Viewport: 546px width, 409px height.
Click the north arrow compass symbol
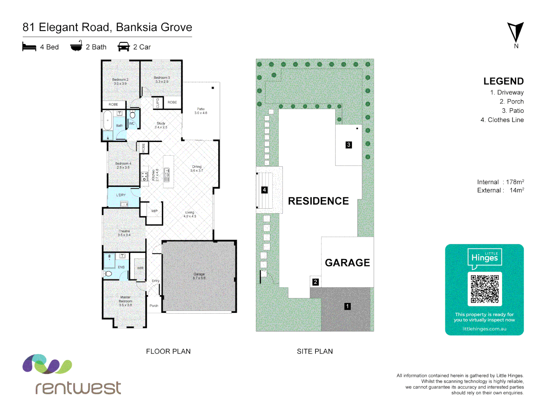coord(515,33)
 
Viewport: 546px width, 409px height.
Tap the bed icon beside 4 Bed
coord(29,47)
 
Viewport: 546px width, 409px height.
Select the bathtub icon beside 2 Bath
coord(76,46)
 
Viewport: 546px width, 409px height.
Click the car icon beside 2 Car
coord(124,47)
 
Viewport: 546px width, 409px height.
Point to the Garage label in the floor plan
coord(199,276)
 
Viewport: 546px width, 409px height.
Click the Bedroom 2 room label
coord(120,81)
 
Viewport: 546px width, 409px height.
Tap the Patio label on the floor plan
coord(201,111)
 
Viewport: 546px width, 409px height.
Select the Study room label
coord(161,125)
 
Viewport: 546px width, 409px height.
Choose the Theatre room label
coord(124,233)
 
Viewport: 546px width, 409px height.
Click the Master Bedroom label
coord(126,301)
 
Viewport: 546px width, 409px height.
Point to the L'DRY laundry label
coord(121,195)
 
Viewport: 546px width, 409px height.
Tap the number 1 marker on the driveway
coord(347,306)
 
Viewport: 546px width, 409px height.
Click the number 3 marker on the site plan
coord(348,145)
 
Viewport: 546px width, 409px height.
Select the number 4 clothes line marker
coord(264,190)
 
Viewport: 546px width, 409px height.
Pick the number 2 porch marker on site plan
coord(315,282)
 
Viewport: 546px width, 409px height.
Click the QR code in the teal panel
coord(485,289)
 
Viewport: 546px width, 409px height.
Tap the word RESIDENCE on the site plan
coord(318,201)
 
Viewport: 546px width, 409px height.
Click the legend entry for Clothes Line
coord(505,120)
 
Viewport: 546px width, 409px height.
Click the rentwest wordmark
coord(78,387)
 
